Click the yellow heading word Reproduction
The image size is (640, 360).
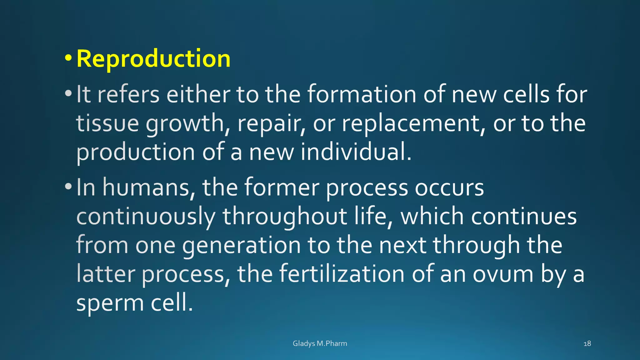point(153,59)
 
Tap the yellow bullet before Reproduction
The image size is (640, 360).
point(68,58)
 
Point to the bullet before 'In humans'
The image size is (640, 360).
point(68,187)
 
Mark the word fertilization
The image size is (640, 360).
point(342,274)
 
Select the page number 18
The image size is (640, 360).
point(587,343)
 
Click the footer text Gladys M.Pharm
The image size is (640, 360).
point(320,343)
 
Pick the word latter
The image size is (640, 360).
point(106,274)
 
